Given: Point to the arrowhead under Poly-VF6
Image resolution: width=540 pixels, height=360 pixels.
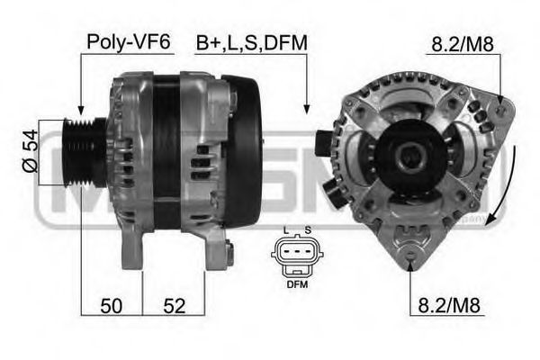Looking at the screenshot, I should point(81,112).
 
